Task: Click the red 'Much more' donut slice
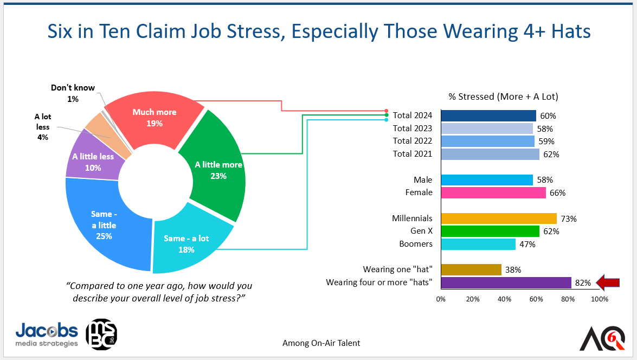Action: click(155, 118)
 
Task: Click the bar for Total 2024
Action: click(488, 116)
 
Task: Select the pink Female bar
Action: click(493, 192)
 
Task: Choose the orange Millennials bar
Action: click(499, 218)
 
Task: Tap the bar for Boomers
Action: click(478, 244)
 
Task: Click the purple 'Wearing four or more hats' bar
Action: click(506, 283)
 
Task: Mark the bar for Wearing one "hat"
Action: click(471, 270)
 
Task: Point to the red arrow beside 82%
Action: click(608, 282)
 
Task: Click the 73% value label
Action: click(569, 218)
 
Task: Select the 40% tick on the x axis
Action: click(505, 299)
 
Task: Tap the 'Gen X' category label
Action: click(421, 231)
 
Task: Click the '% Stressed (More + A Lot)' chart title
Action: click(503, 97)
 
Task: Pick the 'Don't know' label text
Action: click(73, 88)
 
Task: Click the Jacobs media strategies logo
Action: click(47, 335)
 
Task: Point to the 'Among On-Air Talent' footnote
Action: click(321, 343)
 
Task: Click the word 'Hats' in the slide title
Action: click(571, 31)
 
